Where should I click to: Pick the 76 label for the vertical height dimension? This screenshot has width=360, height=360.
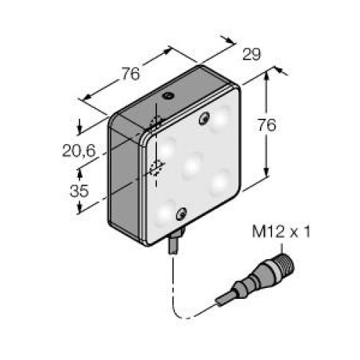click(267, 125)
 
